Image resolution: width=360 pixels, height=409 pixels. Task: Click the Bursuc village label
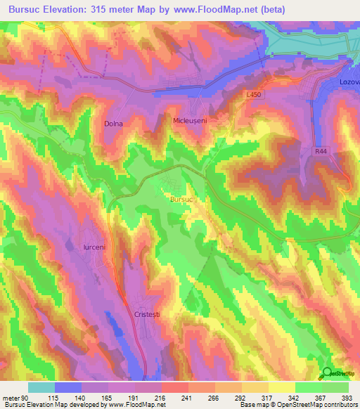coord(181,200)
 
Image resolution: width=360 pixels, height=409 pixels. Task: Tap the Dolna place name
coord(113,124)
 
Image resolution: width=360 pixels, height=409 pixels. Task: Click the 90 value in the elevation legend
coord(25,398)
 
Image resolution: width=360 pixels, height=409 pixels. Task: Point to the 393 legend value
coord(347,398)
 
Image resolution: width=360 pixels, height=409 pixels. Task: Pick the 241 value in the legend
coord(186,398)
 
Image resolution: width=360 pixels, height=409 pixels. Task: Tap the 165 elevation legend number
coord(106,398)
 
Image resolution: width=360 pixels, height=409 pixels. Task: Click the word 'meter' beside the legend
coord(11,398)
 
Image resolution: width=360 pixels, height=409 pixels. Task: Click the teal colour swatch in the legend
coord(41,387)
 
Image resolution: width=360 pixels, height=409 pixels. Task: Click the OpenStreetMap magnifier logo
coord(328,374)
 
